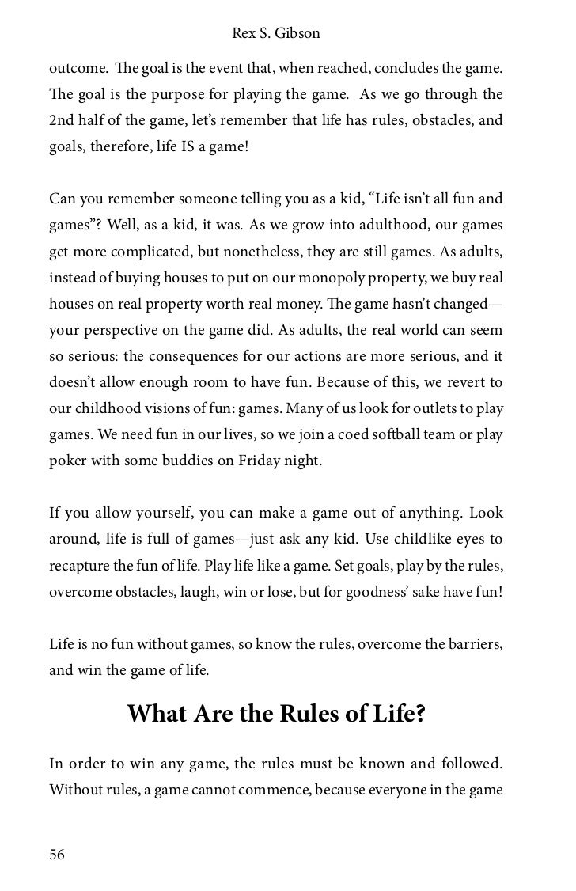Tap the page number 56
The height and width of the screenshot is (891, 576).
point(57,854)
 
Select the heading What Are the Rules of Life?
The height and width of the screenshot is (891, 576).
point(277,714)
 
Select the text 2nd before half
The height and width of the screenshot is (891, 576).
point(63,120)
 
